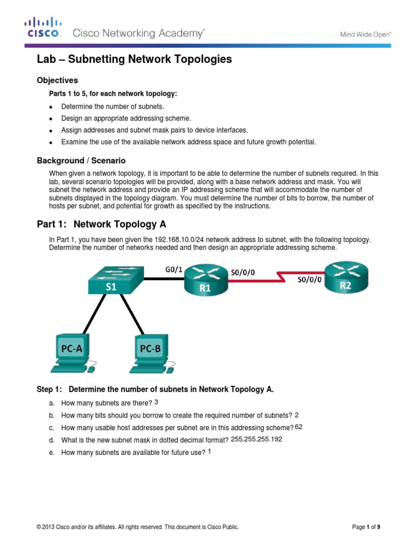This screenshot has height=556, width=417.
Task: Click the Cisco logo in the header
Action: pos(43,27)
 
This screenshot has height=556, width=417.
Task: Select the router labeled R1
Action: pos(204,282)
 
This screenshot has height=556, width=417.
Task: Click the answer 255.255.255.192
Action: pos(256,439)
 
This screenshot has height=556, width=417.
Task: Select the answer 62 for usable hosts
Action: pos(299,427)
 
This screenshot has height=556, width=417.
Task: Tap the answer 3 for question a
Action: pos(156,402)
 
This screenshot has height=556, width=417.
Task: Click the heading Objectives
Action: pos(58,80)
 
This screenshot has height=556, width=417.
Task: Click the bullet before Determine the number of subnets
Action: pos(50,106)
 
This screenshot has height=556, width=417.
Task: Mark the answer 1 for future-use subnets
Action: pos(210,451)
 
